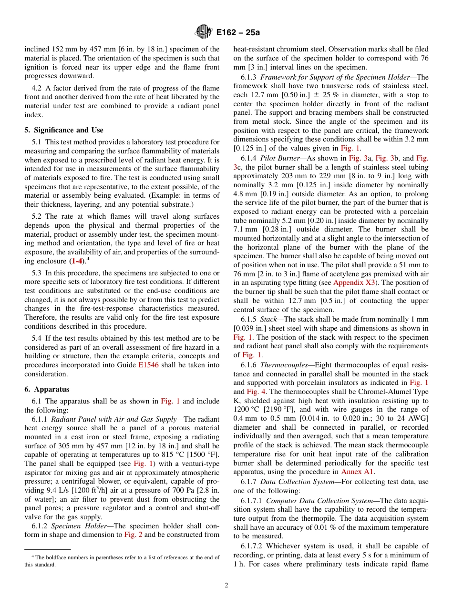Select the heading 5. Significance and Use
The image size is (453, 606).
[64, 130]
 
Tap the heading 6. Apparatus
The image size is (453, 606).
[47, 389]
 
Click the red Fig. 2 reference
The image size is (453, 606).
[134, 535]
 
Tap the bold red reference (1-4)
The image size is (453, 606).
[75, 261]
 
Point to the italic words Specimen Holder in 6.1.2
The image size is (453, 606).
[75, 526]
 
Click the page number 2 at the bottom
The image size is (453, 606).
[226, 586]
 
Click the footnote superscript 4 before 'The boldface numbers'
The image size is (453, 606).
[33, 556]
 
